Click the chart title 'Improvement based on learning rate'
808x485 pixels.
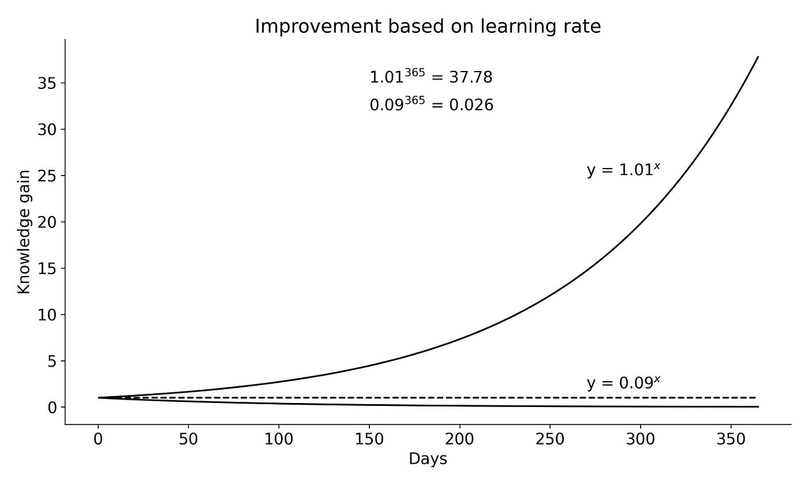428,27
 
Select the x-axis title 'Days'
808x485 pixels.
428,459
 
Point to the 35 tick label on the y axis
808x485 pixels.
49,83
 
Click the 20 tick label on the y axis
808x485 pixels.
49,222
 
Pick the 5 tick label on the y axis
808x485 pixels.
53,361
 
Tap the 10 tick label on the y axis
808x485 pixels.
49,315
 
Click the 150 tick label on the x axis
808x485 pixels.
369,439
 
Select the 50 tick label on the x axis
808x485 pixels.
189,439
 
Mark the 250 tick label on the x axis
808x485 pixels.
550,439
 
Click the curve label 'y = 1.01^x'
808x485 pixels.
623,170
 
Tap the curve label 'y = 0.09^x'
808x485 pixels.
623,383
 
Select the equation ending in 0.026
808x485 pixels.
431,105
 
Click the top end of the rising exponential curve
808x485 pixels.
758,57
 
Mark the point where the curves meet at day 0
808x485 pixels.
99,398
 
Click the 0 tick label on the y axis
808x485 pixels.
53,408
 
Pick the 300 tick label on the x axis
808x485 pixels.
641,439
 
